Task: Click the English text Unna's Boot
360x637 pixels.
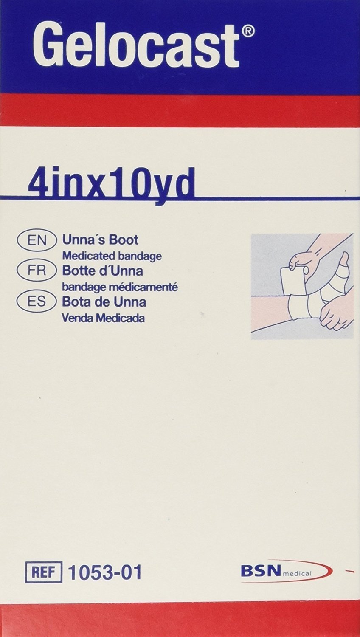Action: tap(100, 240)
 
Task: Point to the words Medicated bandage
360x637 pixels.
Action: tap(112, 256)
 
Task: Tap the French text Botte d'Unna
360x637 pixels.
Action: tap(102, 271)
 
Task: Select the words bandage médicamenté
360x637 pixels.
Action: tap(120, 287)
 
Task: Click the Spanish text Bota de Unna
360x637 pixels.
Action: tap(104, 302)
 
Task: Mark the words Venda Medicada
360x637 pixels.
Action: tap(103, 318)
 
